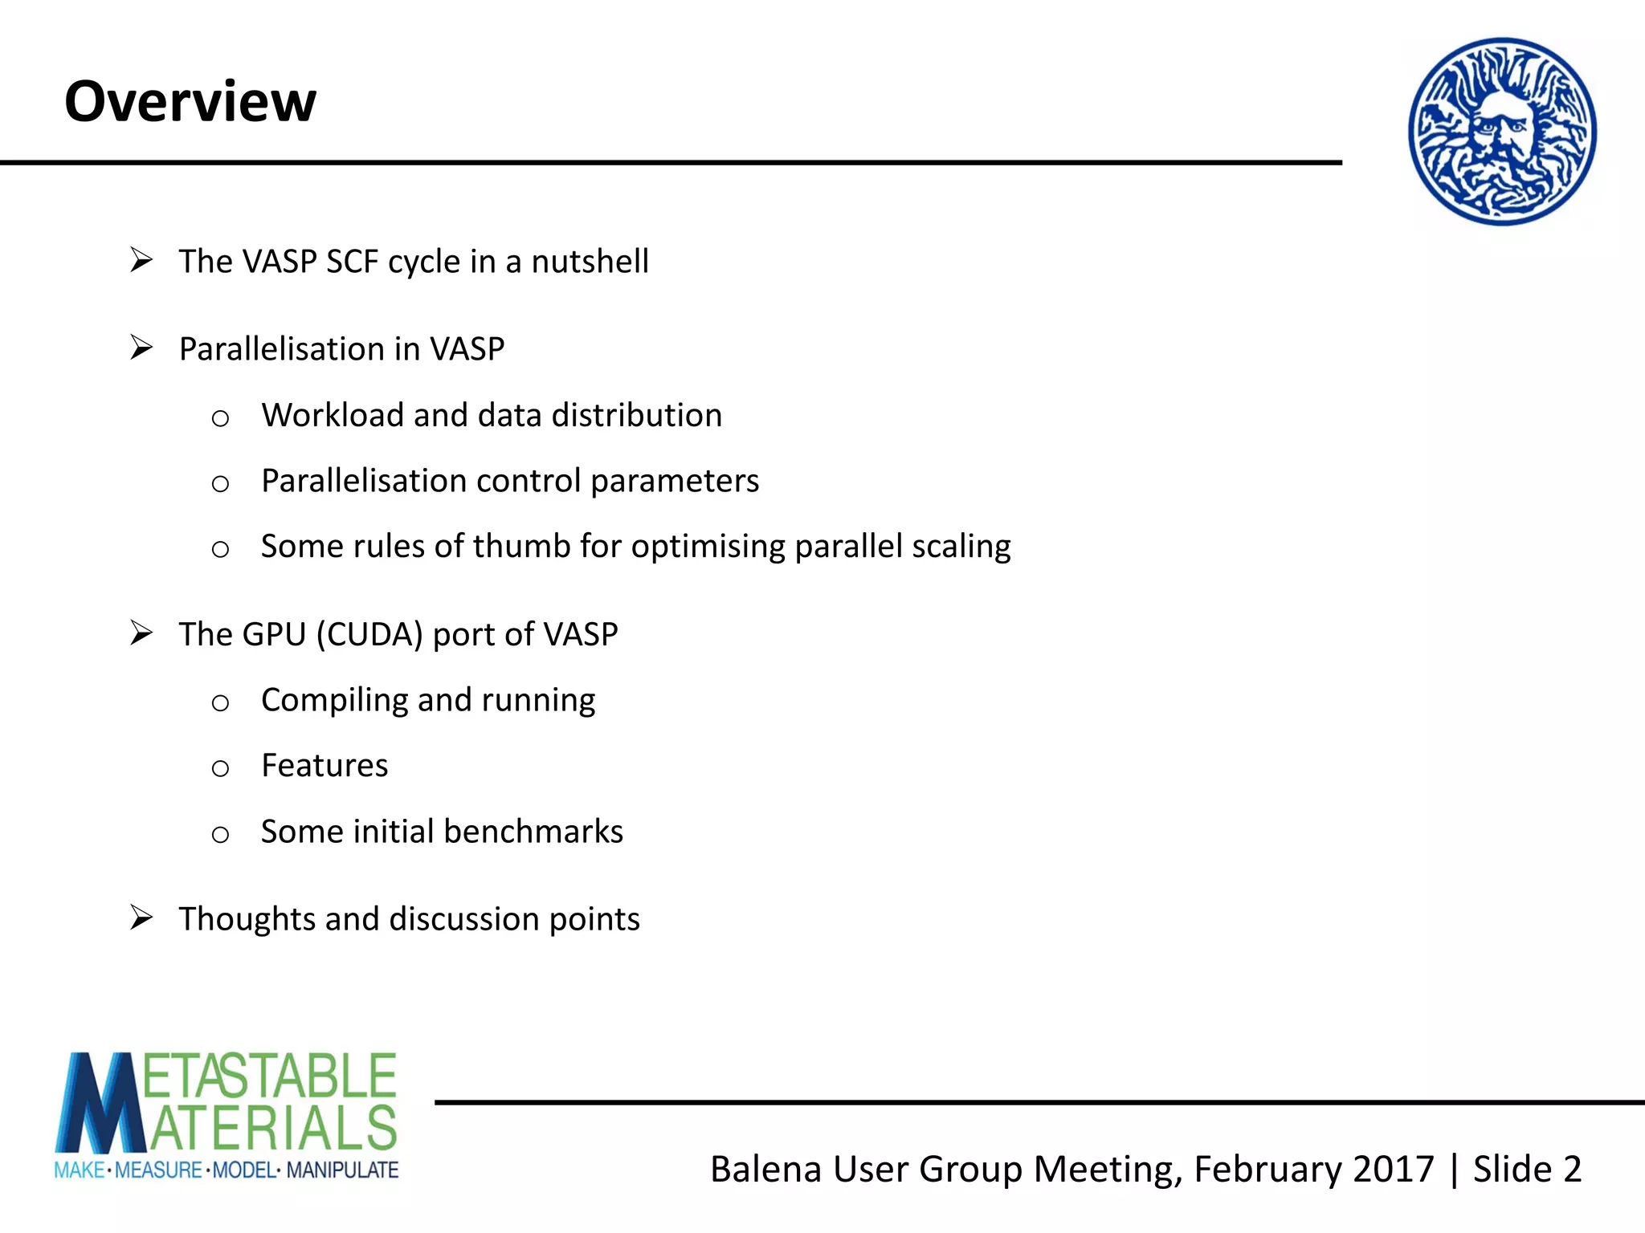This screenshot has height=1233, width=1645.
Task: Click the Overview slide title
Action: pyautogui.click(x=190, y=102)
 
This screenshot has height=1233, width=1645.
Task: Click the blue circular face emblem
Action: pyautogui.click(x=1502, y=131)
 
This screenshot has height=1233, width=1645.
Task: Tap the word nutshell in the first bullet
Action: pyautogui.click(x=590, y=262)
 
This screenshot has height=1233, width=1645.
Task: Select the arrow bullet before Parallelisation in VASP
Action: pyautogui.click(x=141, y=348)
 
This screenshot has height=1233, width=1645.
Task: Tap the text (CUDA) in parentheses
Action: pyautogui.click(x=369, y=635)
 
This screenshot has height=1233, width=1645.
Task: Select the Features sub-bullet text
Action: pyautogui.click(x=325, y=766)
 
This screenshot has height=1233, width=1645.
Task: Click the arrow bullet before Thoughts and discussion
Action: pyautogui.click(x=141, y=918)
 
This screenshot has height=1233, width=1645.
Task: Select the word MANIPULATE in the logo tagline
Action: pyautogui.click(x=342, y=1170)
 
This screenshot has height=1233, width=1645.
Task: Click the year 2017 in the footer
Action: pyautogui.click(x=1393, y=1169)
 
